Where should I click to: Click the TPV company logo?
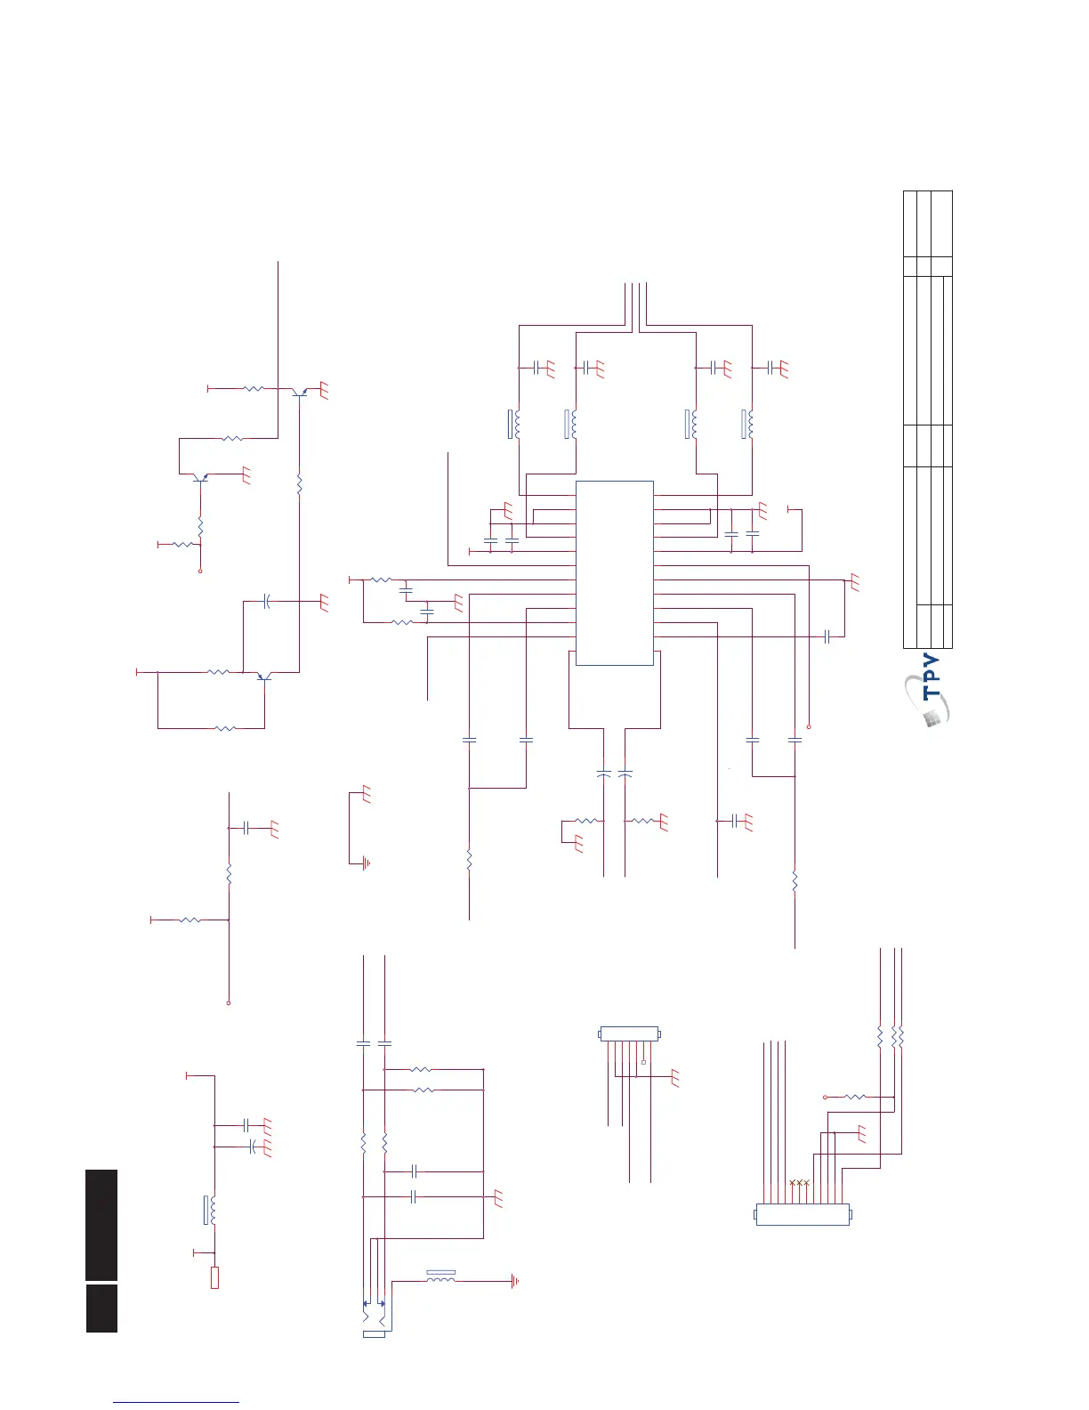[929, 694]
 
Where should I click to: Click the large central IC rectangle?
[615, 572]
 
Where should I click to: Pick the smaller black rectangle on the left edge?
[101, 1308]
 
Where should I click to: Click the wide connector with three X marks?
[802, 1214]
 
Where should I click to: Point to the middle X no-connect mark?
[799, 1182]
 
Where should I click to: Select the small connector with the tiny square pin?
[629, 1033]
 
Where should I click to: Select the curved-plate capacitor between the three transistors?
[266, 603]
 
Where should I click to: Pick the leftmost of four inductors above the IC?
[514, 425]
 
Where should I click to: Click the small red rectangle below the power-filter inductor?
[214, 1277]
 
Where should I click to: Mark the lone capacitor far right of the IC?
[827, 636]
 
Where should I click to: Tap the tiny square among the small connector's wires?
[642, 1062]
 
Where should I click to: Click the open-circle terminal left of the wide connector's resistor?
[826, 1098]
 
